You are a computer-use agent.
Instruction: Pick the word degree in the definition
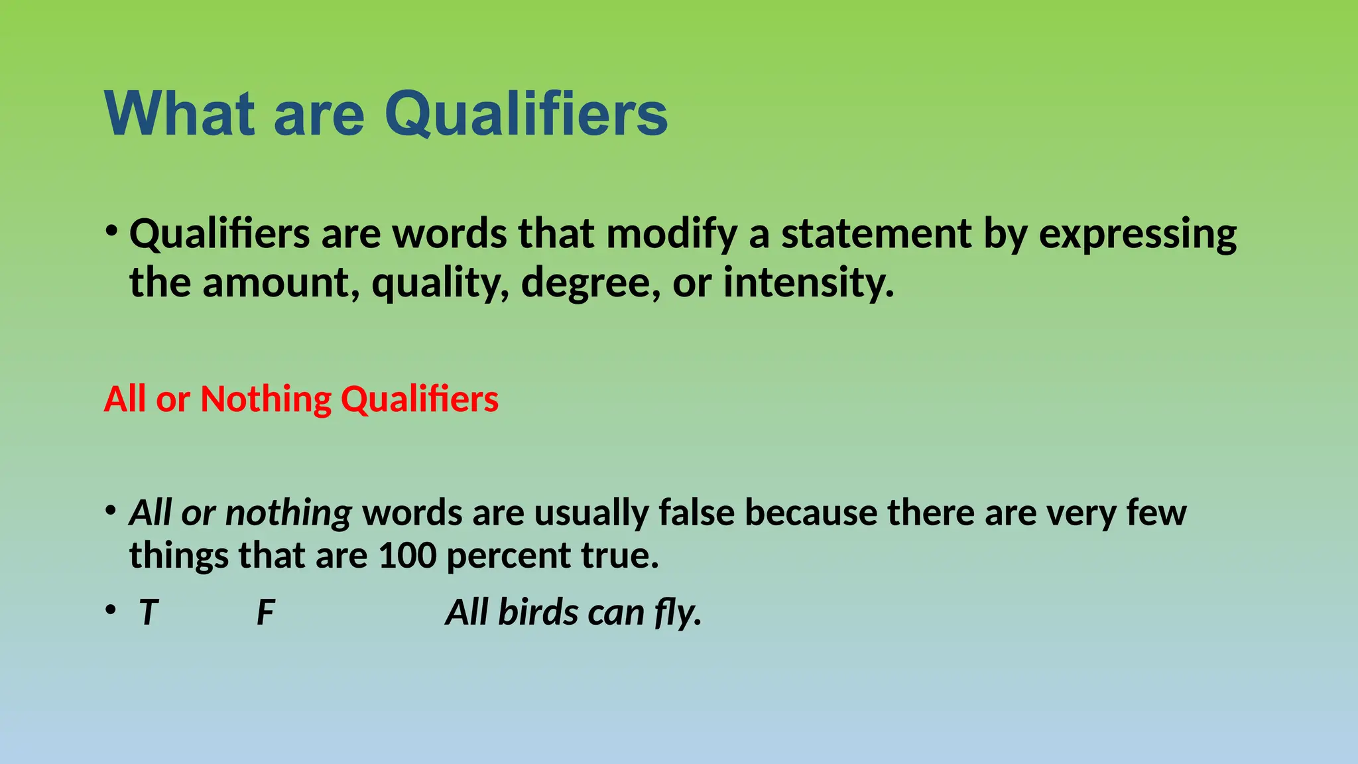590,283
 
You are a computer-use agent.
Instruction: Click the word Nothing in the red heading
265,399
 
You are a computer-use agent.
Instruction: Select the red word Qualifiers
419,399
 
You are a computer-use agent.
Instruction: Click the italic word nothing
288,513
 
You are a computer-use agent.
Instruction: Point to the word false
696,513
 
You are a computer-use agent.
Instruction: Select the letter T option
149,612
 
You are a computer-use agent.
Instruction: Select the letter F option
265,612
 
